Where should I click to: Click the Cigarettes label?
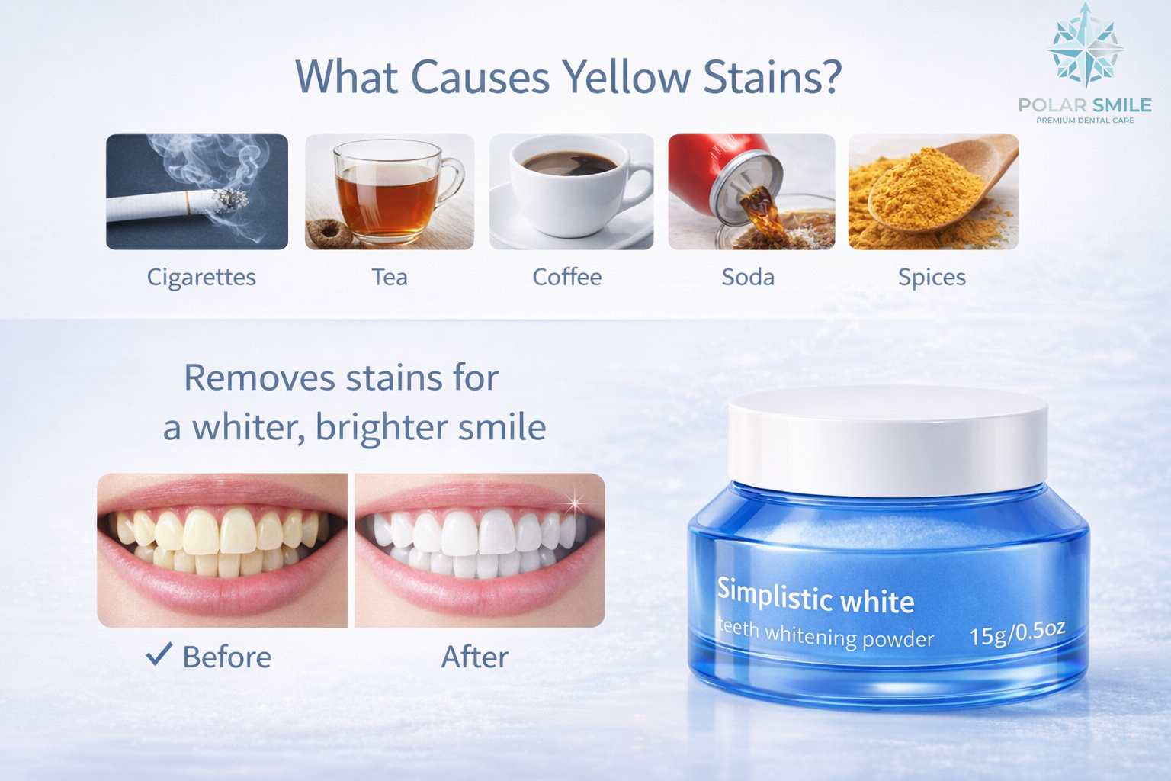click(201, 277)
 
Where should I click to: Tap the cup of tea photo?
click(390, 191)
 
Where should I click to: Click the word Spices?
click(932, 277)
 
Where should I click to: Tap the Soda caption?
click(748, 277)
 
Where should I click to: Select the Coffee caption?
click(566, 277)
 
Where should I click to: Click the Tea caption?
click(390, 277)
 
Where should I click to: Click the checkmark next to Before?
click(159, 654)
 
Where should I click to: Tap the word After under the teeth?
click(474, 657)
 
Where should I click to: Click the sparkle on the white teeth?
click(575, 503)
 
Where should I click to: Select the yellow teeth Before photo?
click(222, 550)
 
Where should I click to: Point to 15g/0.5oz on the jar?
click(1017, 632)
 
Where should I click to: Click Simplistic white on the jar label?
click(815, 596)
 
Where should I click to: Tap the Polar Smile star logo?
click(1085, 46)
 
